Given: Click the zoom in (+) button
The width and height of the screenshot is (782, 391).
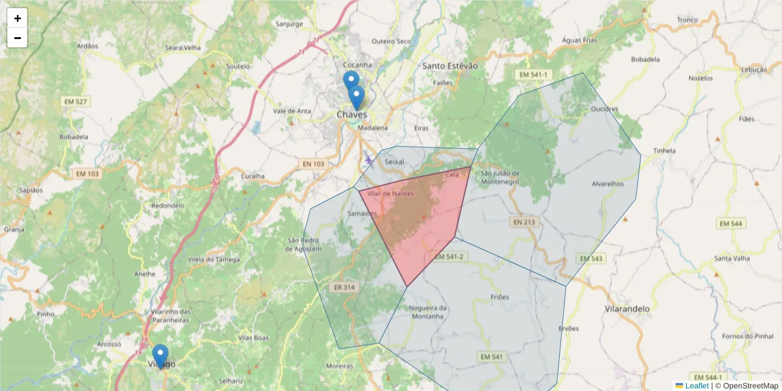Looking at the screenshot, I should point(17,18).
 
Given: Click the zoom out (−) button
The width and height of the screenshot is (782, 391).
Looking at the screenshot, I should point(17,38).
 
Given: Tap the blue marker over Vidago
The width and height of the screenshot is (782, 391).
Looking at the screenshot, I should point(160,356).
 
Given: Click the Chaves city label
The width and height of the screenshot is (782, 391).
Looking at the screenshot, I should point(352,115).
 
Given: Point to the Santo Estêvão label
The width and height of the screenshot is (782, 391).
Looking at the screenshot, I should point(450,66).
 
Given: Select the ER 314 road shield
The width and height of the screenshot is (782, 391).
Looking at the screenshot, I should point(343,287).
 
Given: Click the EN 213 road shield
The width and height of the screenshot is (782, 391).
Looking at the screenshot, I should point(524,222).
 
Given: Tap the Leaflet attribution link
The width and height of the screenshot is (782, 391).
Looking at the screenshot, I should point(696,386).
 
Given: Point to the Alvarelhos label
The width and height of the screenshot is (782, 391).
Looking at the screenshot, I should point(608,184).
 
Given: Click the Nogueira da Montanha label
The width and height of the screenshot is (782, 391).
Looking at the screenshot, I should point(427,312).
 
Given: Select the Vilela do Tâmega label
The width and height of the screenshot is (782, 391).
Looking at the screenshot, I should point(214,259).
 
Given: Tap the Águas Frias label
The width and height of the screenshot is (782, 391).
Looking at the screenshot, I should point(579,40).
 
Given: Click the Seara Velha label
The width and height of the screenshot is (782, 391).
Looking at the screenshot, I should point(183,48).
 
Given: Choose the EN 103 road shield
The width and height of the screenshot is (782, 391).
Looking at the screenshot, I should point(313,164).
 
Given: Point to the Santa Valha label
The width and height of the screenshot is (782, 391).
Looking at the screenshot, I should point(732,258).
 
